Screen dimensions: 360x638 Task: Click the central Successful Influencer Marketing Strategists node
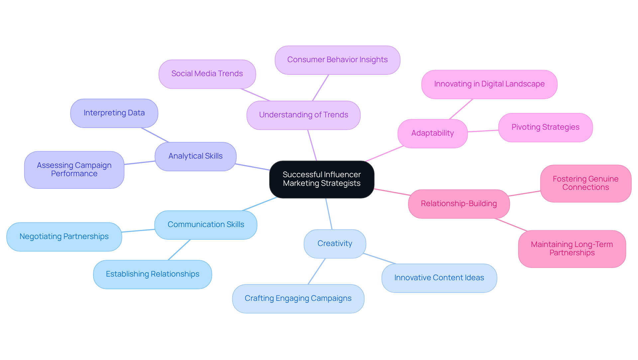click(x=322, y=179)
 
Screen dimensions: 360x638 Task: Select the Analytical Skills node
click(x=195, y=156)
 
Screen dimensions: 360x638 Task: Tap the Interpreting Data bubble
click(x=114, y=113)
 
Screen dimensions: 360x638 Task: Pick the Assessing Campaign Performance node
click(x=74, y=170)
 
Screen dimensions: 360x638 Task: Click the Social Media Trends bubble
click(x=207, y=74)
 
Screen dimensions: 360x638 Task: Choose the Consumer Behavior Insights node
click(x=337, y=60)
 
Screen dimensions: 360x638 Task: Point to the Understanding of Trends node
click(x=303, y=115)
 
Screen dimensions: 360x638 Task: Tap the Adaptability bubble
click(x=432, y=133)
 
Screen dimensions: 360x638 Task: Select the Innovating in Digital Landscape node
click(x=489, y=84)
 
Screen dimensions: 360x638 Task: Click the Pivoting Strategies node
click(x=545, y=127)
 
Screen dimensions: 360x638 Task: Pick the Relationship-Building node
click(x=459, y=204)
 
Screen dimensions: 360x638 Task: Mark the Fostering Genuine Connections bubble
click(x=585, y=183)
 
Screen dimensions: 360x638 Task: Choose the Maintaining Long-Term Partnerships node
click(x=572, y=249)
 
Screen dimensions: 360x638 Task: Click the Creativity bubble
click(x=335, y=244)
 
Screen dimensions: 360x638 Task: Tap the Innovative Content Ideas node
click(x=439, y=278)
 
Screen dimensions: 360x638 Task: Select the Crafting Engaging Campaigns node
click(x=298, y=299)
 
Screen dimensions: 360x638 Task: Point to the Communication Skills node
click(x=206, y=225)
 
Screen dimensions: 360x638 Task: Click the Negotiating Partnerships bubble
click(x=64, y=237)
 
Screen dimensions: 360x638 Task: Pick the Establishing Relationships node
click(x=153, y=274)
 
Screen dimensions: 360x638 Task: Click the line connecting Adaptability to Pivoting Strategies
click(x=483, y=131)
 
